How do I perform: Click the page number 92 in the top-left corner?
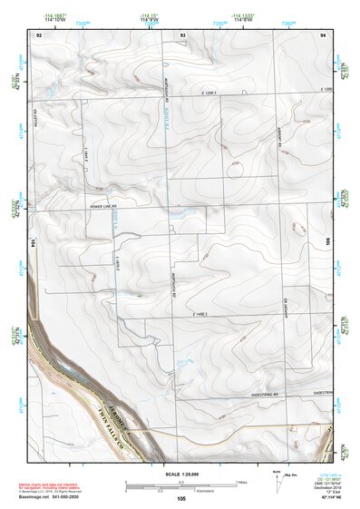point(39,34)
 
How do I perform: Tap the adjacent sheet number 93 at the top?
point(183,34)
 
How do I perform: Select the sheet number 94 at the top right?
point(323,34)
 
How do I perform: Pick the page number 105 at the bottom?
point(181,498)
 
